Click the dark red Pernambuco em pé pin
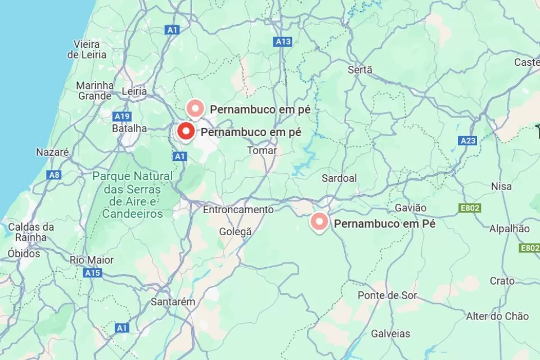click(186, 132)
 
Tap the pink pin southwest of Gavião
click(319, 222)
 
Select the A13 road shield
click(283, 42)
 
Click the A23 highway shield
click(467, 141)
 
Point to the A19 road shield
click(122, 116)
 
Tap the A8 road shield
click(54, 175)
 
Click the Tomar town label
click(262, 151)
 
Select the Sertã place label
click(360, 70)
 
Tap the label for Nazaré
click(52, 152)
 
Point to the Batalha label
click(129, 128)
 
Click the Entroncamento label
click(238, 209)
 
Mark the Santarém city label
click(173, 302)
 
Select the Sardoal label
click(339, 178)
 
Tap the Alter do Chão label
click(497, 316)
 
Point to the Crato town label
click(502, 281)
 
